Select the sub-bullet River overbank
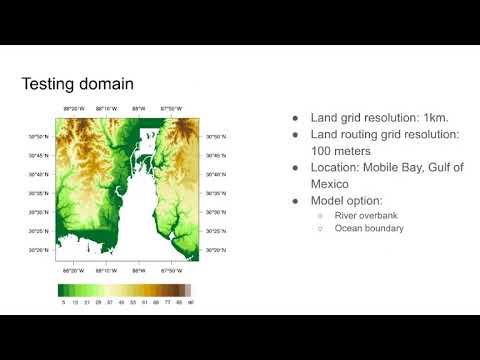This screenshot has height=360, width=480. pyautogui.click(x=349, y=214)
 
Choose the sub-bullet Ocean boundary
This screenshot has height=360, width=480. pyautogui.click(x=351, y=228)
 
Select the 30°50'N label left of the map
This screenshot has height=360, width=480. pyautogui.click(x=41, y=137)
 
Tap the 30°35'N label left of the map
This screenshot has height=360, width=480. pyautogui.click(x=41, y=194)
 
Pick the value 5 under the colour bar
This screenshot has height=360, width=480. pyautogui.click(x=63, y=301)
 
